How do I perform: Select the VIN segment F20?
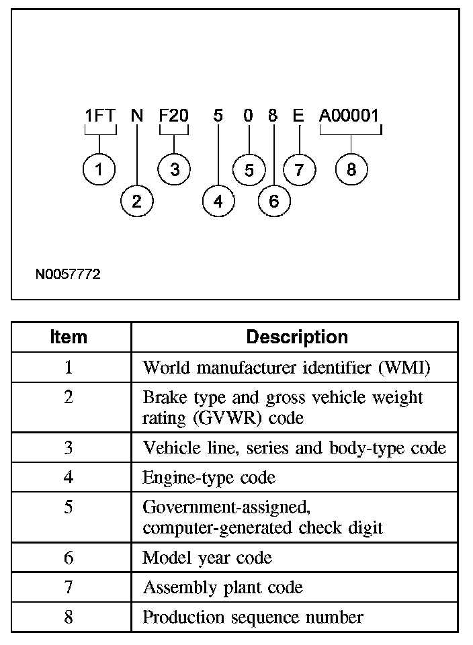(x=173, y=116)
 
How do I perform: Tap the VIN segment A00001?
(x=349, y=116)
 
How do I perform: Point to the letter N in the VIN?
(x=137, y=116)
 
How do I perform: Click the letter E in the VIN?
(x=298, y=116)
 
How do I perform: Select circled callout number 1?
(x=99, y=169)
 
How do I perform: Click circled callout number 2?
(x=137, y=201)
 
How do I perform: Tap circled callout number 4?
(x=218, y=201)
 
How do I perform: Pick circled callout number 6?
(x=273, y=201)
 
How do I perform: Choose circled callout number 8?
(x=351, y=169)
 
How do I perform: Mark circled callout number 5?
(x=249, y=169)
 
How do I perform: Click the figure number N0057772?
(x=69, y=274)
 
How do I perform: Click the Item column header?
(x=69, y=337)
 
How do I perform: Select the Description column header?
(x=297, y=337)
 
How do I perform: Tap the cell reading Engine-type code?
(x=209, y=477)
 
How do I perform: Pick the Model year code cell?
(x=207, y=558)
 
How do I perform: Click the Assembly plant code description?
(x=222, y=587)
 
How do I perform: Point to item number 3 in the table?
(x=69, y=447)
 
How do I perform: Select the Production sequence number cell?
(x=253, y=617)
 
